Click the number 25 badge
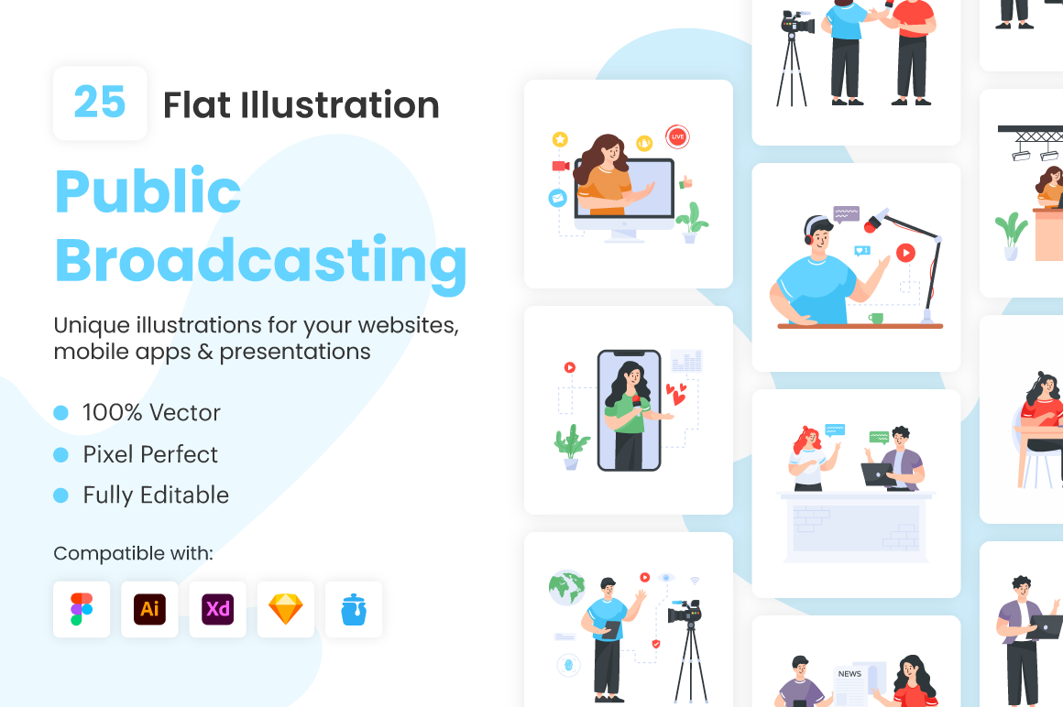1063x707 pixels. coord(100,103)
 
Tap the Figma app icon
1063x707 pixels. coord(82,609)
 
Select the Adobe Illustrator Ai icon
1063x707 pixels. coord(149,609)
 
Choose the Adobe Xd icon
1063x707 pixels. coord(217,609)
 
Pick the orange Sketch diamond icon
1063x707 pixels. coord(285,609)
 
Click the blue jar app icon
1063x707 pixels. coord(354,609)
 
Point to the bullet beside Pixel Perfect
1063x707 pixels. coord(61,454)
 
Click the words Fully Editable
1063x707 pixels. coord(156,495)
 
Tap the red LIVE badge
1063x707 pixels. coord(677,136)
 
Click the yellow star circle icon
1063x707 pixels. coord(560,139)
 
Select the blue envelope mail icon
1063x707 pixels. coord(557,199)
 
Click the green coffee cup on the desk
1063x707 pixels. coord(876,319)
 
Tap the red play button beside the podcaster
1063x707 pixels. coord(905,253)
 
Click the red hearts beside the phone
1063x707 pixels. coord(676,394)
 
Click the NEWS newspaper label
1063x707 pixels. coord(849,674)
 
